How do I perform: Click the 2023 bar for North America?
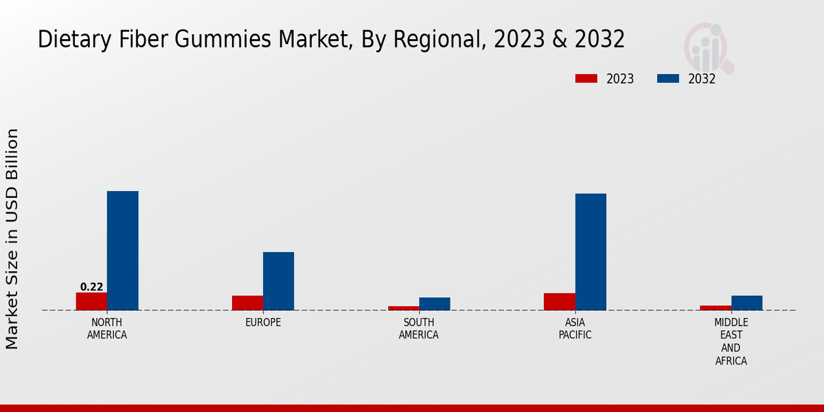point(91,301)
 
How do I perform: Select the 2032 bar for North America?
point(122,251)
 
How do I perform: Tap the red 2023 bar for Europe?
point(247,303)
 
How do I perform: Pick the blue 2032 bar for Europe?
point(278,281)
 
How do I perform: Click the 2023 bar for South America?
point(403,308)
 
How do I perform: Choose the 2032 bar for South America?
point(435,304)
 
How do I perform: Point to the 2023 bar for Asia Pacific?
point(559,301)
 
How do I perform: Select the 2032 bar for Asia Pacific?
point(591,252)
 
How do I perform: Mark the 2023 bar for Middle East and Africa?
point(716,308)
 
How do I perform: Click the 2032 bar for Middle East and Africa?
point(746,303)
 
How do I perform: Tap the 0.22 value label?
point(91,287)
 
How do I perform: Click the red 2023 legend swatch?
point(586,79)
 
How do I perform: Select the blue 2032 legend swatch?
point(667,79)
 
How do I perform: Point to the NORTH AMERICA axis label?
point(106,329)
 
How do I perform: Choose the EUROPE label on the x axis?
point(263,323)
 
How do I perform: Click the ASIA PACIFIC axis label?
point(575,329)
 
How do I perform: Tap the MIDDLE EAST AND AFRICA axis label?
point(731,341)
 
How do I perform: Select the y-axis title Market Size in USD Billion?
point(12,238)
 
